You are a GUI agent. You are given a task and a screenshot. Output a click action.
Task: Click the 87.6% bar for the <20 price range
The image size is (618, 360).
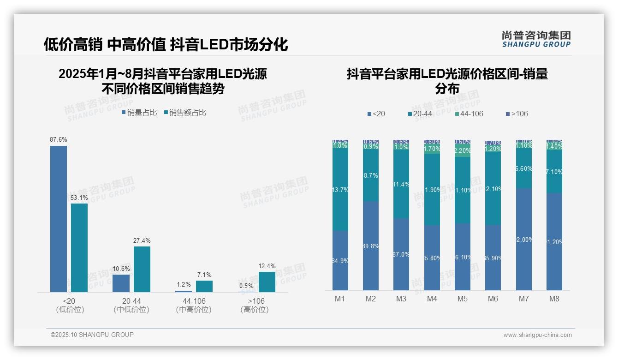59,219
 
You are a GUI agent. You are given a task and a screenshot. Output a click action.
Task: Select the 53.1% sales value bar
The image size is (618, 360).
79,248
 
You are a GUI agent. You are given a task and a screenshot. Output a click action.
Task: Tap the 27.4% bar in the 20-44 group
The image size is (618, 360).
142,269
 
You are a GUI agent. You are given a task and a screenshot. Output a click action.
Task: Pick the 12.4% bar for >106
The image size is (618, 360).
267,282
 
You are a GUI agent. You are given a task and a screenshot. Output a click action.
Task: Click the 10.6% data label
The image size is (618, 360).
121,269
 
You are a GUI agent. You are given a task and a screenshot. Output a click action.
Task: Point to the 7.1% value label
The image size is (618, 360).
204,275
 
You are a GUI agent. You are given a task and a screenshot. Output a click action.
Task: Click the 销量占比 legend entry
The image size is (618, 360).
140,113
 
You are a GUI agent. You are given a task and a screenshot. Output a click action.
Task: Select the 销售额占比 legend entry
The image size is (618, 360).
185,113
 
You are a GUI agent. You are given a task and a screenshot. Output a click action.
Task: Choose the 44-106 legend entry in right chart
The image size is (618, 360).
469,114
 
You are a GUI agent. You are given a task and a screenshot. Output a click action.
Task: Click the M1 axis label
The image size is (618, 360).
340,299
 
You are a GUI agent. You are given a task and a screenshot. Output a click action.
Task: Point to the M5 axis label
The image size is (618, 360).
463,299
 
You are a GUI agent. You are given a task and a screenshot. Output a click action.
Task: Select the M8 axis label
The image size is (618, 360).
554,299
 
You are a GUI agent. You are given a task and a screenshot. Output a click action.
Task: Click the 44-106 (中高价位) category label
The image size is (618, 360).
194,305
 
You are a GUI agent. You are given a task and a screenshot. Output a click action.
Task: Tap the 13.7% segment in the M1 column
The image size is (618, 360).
340,190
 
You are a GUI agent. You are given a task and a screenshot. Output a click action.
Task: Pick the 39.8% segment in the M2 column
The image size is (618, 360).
371,246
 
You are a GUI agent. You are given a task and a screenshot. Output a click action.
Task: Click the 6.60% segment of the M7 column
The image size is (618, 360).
524,169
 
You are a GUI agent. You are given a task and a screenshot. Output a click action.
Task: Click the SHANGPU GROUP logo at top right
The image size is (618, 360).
536,39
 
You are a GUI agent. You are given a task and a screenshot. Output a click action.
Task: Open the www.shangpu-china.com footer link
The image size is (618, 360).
537,335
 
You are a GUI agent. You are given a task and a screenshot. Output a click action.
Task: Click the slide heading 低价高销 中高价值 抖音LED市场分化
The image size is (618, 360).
166,44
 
